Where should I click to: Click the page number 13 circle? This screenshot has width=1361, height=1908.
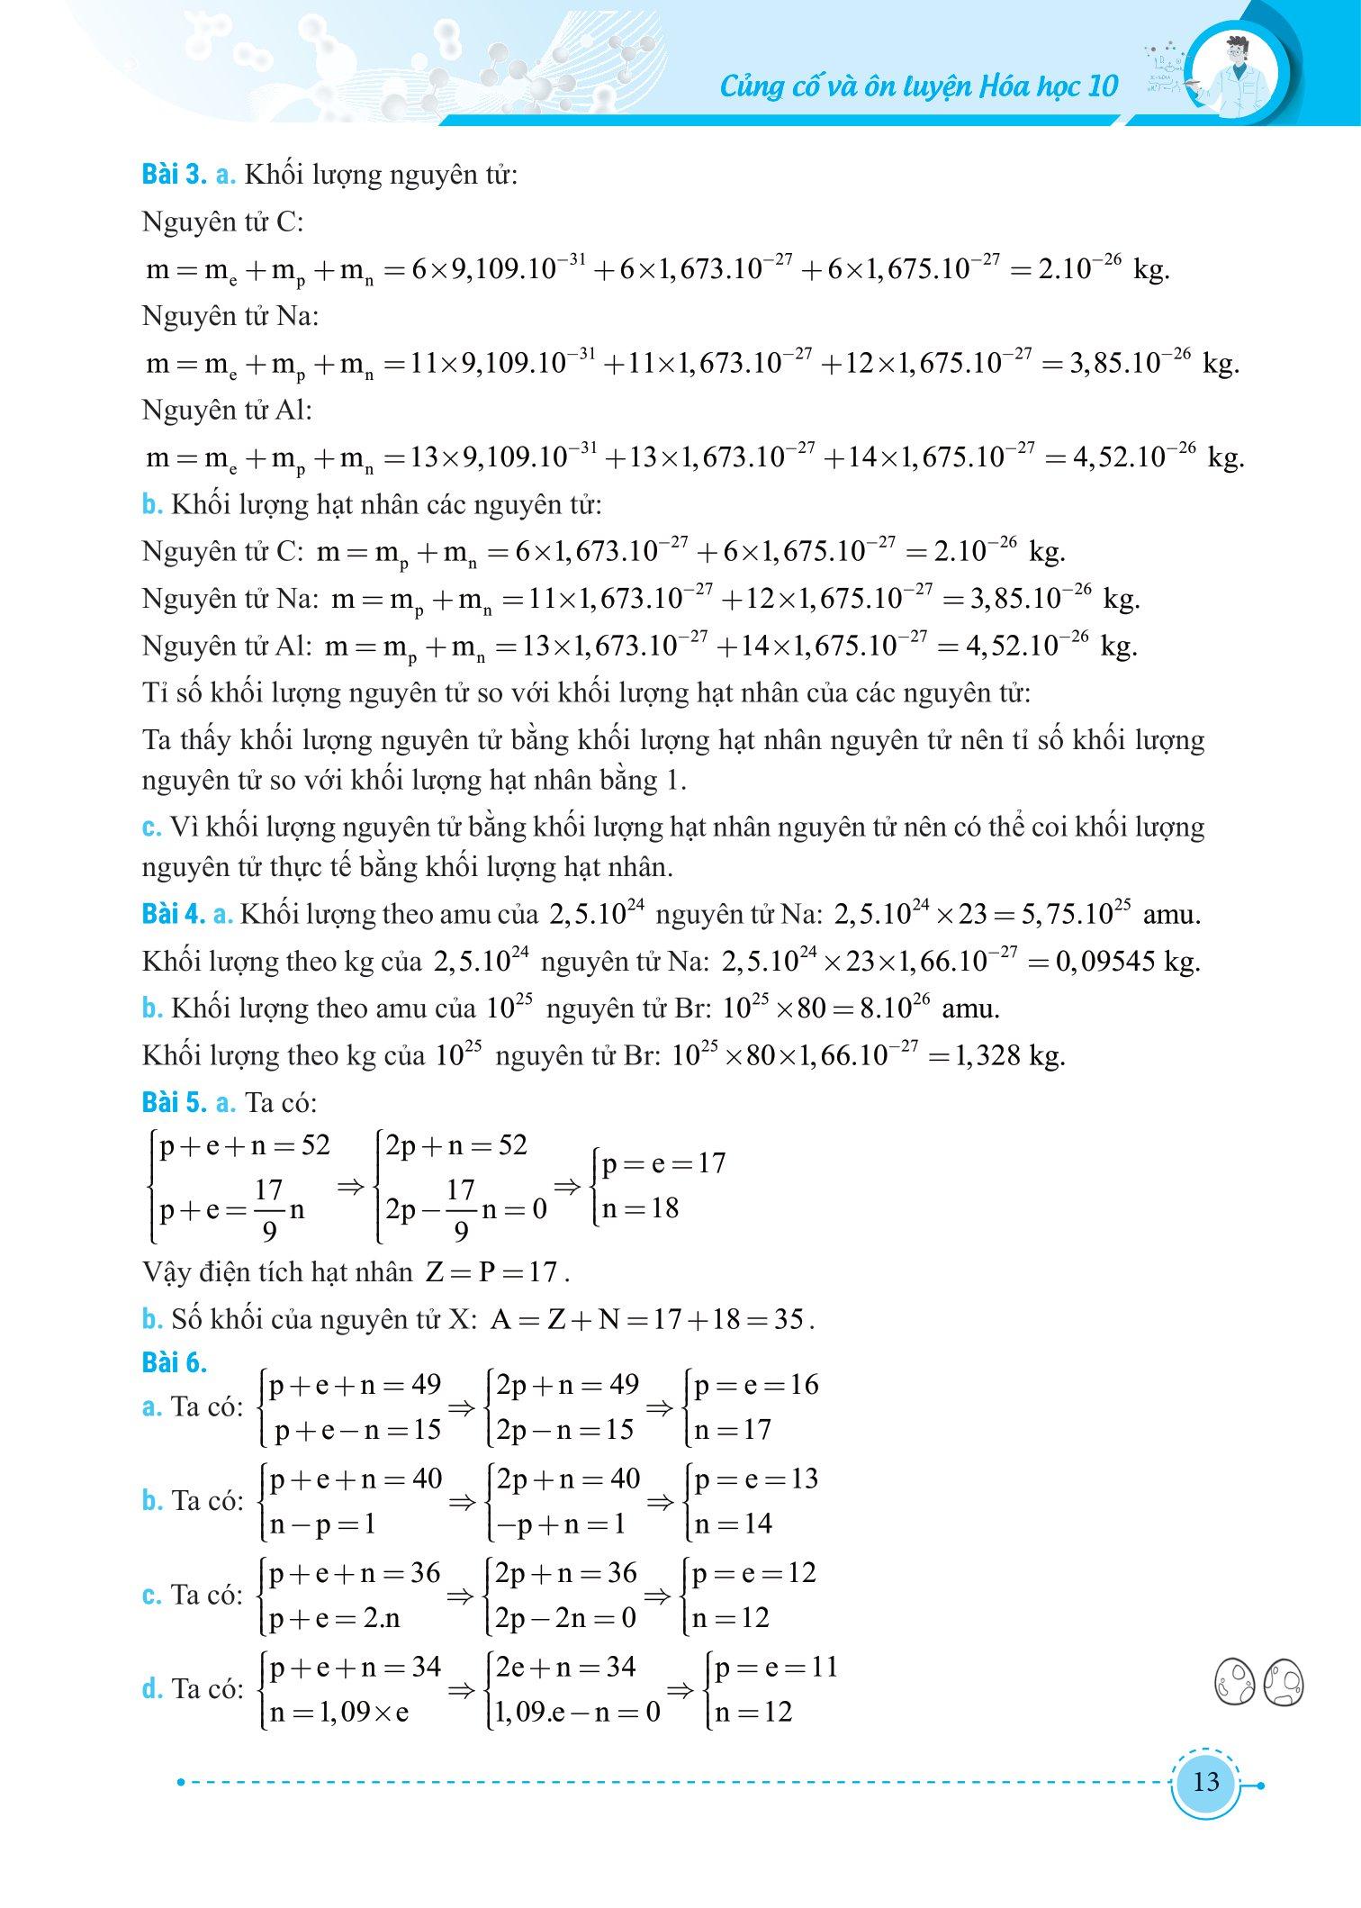pyautogui.click(x=1205, y=1781)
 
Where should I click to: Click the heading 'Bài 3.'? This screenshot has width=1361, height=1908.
pyautogui.click(x=173, y=175)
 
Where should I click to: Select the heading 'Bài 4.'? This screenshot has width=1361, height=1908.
pyautogui.click(x=173, y=914)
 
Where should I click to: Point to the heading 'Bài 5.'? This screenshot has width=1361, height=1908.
pyautogui.click(x=173, y=1102)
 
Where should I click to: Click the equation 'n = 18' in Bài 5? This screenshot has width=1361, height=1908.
pyautogui.click(x=640, y=1208)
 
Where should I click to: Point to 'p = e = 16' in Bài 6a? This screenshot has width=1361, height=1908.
pyautogui.click(x=756, y=1385)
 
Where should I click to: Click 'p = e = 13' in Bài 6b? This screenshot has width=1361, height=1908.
pyautogui.click(x=756, y=1479)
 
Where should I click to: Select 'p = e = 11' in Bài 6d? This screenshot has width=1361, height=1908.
pyautogui.click(x=776, y=1668)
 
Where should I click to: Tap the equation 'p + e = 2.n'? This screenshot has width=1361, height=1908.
pyautogui.click(x=335, y=1618)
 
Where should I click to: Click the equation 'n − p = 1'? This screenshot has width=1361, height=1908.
pyautogui.click(x=322, y=1524)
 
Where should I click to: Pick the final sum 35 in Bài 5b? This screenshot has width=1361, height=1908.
pyautogui.click(x=788, y=1320)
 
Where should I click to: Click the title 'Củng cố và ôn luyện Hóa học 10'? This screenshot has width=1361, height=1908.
pyautogui.click(x=919, y=86)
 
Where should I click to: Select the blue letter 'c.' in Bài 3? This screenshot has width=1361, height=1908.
pyautogui.click(x=151, y=827)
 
